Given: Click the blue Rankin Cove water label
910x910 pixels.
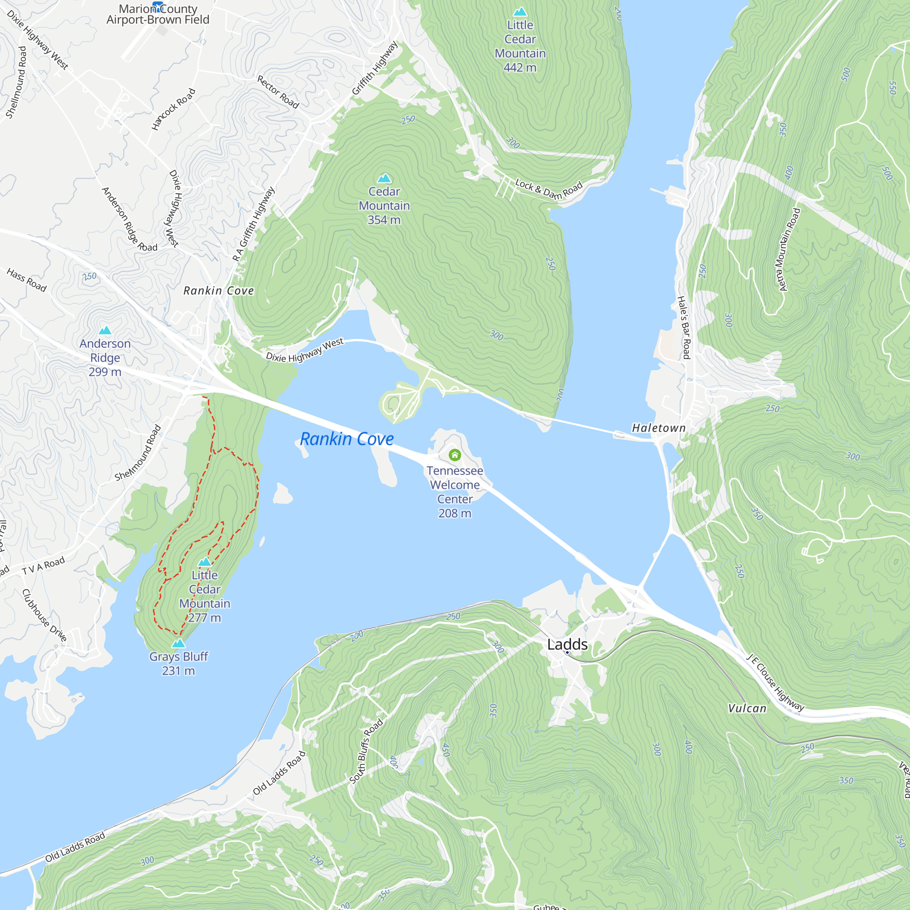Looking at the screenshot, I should point(347,439).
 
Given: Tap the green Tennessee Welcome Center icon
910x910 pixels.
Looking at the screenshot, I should point(455,455).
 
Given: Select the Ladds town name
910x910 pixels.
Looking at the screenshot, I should point(567,644).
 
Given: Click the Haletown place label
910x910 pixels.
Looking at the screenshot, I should point(658,428).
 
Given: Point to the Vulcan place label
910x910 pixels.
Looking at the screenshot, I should point(747,708).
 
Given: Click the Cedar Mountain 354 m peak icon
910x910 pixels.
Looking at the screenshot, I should point(384,178).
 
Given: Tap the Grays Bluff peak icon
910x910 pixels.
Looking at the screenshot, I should point(178,643).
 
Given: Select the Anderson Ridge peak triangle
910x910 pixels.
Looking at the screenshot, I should point(105,330).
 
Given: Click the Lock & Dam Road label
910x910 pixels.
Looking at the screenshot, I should point(549,189).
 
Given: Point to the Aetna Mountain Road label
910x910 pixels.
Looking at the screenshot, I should point(787,250).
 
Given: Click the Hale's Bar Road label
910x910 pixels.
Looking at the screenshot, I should point(683,327).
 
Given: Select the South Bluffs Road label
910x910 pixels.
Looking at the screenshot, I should point(365,751).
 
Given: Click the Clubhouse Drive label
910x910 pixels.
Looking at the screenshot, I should point(44,615).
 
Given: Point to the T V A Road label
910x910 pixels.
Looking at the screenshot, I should point(43,566).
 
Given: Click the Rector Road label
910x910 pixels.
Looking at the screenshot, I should point(278,92).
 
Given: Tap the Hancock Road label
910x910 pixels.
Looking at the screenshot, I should point(173,109).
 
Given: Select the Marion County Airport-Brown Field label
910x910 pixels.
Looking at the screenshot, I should point(157,14).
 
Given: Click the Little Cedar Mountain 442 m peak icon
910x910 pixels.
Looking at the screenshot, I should point(520,11).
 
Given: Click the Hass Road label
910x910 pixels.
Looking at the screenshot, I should point(26,280).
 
